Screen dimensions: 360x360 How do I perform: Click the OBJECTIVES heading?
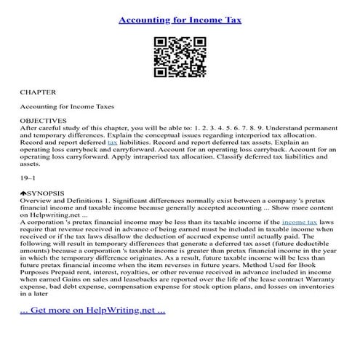(x=43, y=120)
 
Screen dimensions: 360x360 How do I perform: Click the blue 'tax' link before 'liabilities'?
(x=112, y=143)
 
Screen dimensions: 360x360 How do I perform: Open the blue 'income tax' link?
(x=300, y=222)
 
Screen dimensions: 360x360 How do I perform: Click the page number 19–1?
(x=28, y=177)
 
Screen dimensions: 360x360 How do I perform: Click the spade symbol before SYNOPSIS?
(x=23, y=193)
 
